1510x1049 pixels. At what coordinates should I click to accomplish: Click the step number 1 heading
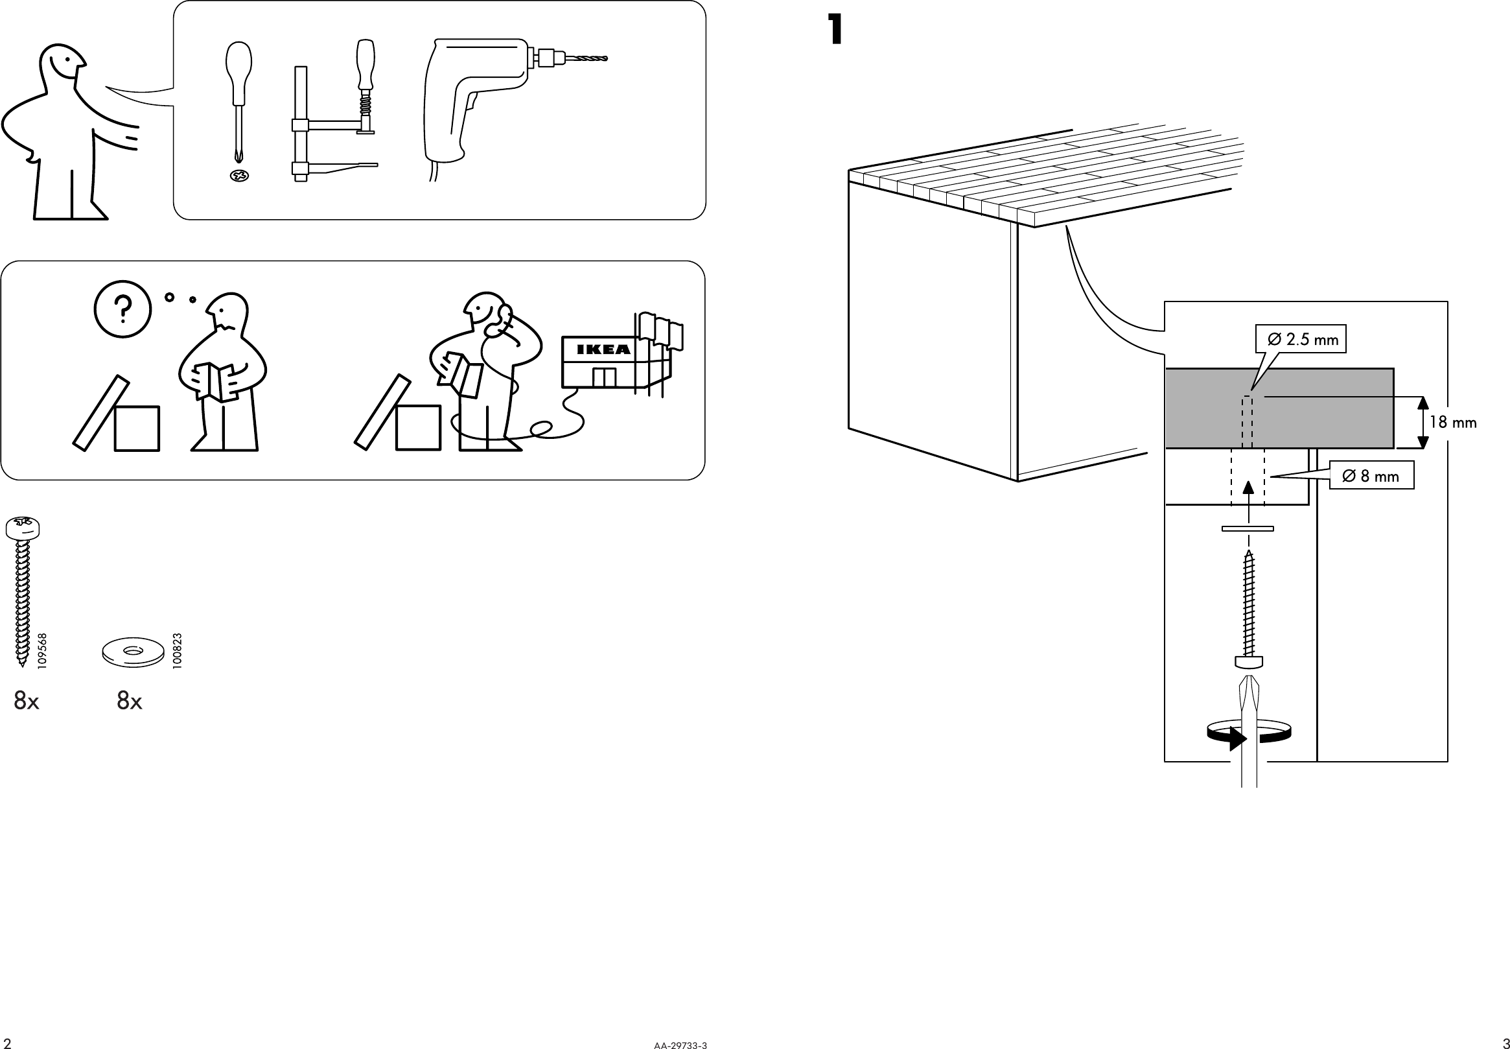click(x=835, y=30)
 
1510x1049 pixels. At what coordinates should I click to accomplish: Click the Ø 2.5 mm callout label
click(x=1301, y=339)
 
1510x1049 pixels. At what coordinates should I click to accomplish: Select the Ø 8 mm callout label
click(x=1372, y=476)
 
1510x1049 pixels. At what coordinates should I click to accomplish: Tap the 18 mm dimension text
click(x=1452, y=422)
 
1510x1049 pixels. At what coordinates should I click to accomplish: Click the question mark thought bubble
click(x=123, y=309)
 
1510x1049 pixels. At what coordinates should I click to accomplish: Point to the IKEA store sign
click(x=602, y=349)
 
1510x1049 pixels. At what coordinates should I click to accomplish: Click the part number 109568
click(x=43, y=651)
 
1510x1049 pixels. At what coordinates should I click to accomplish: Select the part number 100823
click(x=177, y=651)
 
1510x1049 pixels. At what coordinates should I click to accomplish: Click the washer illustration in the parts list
click(x=133, y=652)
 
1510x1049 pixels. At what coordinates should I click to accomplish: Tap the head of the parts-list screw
click(x=23, y=526)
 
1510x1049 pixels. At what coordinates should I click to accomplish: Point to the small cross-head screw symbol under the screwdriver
click(x=239, y=176)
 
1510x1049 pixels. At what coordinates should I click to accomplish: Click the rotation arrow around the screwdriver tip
click(x=1248, y=735)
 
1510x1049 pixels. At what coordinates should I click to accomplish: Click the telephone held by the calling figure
click(x=504, y=319)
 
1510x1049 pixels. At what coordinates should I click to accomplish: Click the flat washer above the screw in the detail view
click(x=1248, y=528)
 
